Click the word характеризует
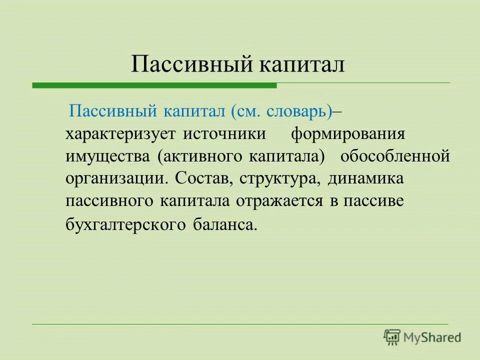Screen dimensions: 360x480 (x=120, y=134)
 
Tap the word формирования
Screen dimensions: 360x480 (x=348, y=134)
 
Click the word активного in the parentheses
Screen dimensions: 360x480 (x=202, y=157)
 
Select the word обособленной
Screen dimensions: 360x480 (x=395, y=156)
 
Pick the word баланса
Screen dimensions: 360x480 (x=224, y=224)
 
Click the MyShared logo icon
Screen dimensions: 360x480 (x=392, y=337)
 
